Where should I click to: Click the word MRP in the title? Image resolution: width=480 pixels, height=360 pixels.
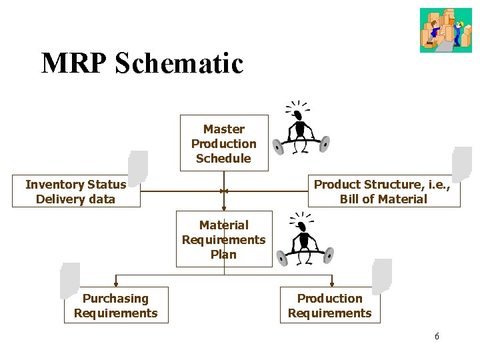click(75, 63)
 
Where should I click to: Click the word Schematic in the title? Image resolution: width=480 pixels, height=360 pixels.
click(179, 63)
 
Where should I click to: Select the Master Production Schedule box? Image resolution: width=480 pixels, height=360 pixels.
click(223, 143)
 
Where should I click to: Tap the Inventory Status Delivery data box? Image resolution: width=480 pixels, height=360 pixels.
click(75, 192)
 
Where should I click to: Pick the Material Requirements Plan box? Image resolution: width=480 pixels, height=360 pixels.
click(223, 239)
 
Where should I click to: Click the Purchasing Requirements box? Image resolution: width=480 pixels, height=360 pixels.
click(116, 306)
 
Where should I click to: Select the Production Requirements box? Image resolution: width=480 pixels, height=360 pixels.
click(330, 306)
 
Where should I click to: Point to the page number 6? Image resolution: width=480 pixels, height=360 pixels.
click(437, 336)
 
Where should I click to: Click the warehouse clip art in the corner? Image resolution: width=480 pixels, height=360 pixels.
click(445, 30)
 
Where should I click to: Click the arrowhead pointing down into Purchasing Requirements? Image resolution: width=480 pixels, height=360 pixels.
click(116, 285)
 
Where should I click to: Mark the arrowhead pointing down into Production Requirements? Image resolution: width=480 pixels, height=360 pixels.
click(331, 285)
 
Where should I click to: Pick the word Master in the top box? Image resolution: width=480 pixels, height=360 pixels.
click(223, 129)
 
